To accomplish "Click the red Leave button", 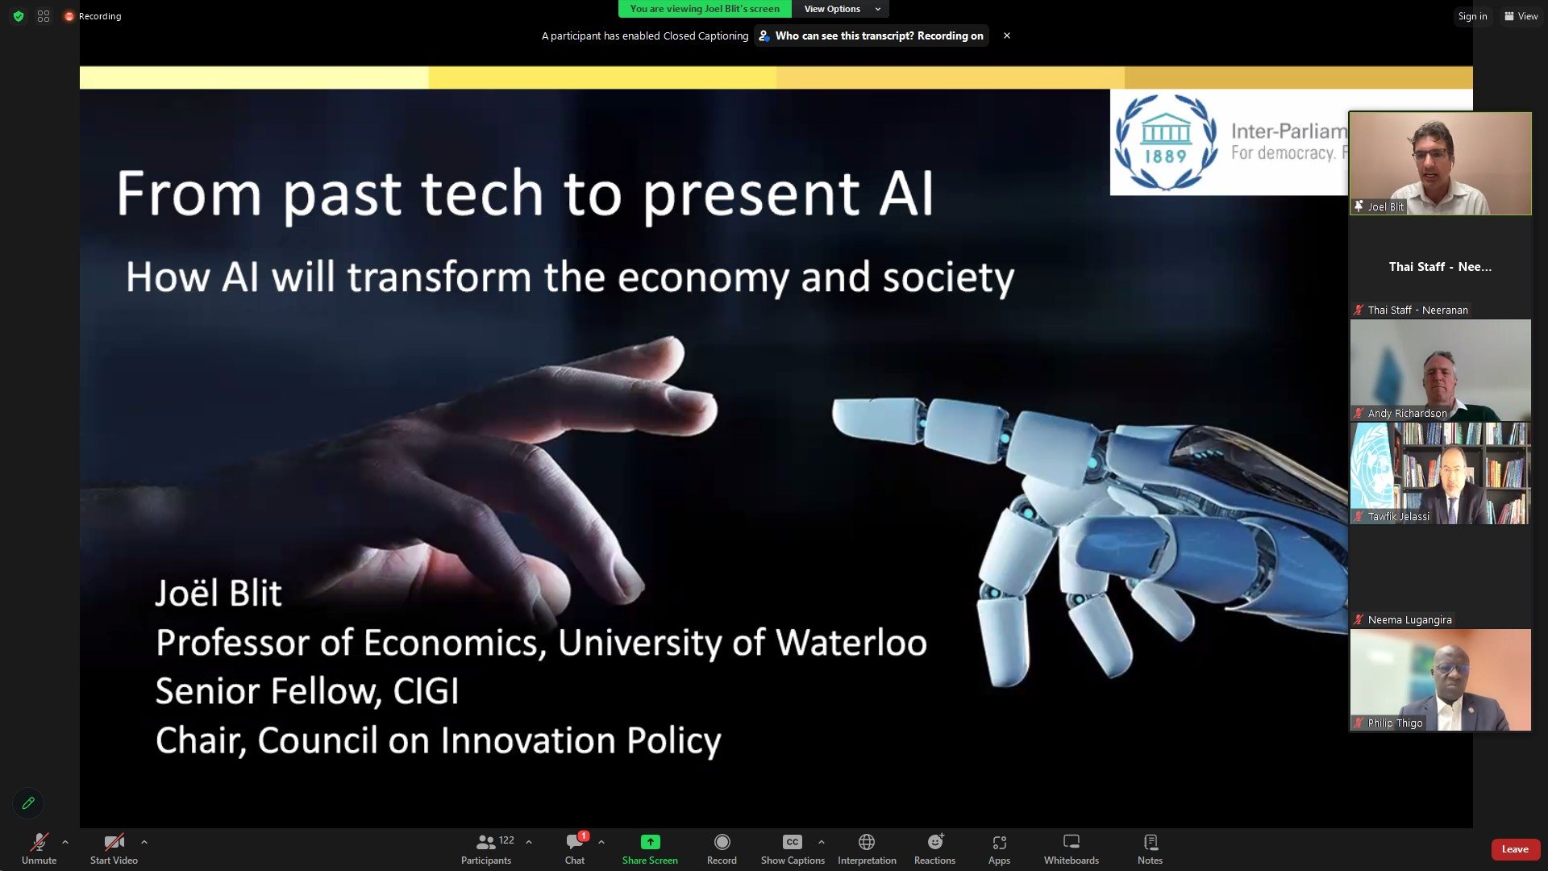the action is click(x=1515, y=849).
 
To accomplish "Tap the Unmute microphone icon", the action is click(x=39, y=843).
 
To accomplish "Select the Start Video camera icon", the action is click(x=114, y=843).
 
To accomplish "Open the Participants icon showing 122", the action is click(x=486, y=842).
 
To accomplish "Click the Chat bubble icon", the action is click(x=575, y=842).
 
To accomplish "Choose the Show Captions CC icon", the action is click(x=793, y=842).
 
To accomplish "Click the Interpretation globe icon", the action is click(x=867, y=842).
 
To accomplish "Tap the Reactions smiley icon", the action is click(x=935, y=842).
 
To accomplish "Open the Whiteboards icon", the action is click(x=1072, y=842).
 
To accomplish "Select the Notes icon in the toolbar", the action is click(x=1151, y=842).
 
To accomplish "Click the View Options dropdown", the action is click(x=841, y=9).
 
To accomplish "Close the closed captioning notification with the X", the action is click(x=1007, y=35).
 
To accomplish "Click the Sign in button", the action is click(x=1472, y=16).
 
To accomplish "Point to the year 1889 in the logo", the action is click(x=1166, y=156).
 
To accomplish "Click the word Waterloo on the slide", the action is click(x=851, y=643).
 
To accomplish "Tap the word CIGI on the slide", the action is click(x=426, y=691).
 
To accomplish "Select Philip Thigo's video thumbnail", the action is click(x=1441, y=680).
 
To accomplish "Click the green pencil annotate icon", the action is click(x=28, y=803).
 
